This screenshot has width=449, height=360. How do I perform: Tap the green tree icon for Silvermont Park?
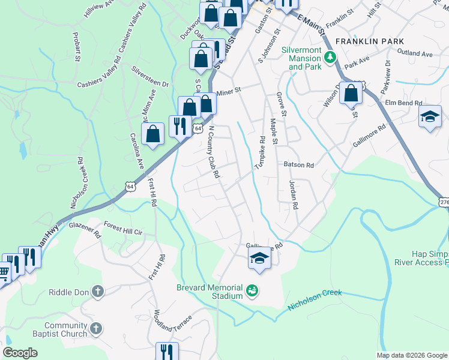330,58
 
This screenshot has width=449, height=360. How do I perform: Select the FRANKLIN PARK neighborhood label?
370,41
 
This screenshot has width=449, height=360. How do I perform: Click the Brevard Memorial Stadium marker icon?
253,292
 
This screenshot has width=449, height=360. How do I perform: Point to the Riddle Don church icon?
98,292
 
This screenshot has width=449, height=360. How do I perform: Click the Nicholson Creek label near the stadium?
315,299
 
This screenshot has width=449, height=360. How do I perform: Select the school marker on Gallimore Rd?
259,257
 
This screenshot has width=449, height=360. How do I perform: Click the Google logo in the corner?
20,352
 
